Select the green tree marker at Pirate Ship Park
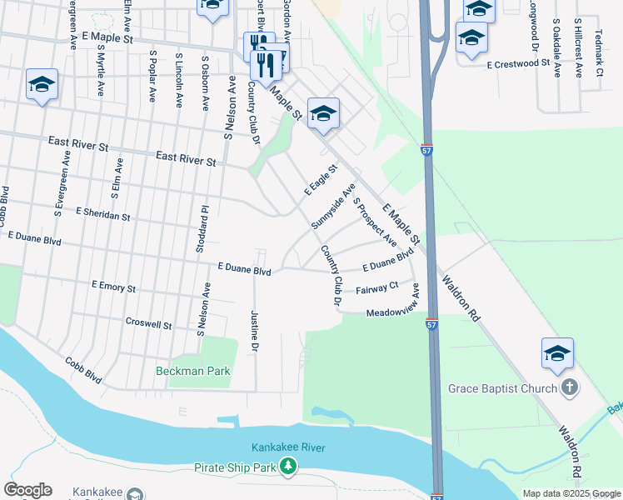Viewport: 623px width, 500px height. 288,467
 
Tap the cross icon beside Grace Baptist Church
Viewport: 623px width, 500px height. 570,387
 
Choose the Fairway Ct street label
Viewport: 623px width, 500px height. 377,289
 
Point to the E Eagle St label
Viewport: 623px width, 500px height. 319,180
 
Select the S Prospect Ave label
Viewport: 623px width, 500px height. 375,222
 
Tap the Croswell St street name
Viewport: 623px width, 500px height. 148,323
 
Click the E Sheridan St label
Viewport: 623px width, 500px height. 102,215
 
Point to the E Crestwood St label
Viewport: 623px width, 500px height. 519,63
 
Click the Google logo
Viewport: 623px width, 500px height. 27,490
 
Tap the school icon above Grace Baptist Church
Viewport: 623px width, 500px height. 557,354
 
